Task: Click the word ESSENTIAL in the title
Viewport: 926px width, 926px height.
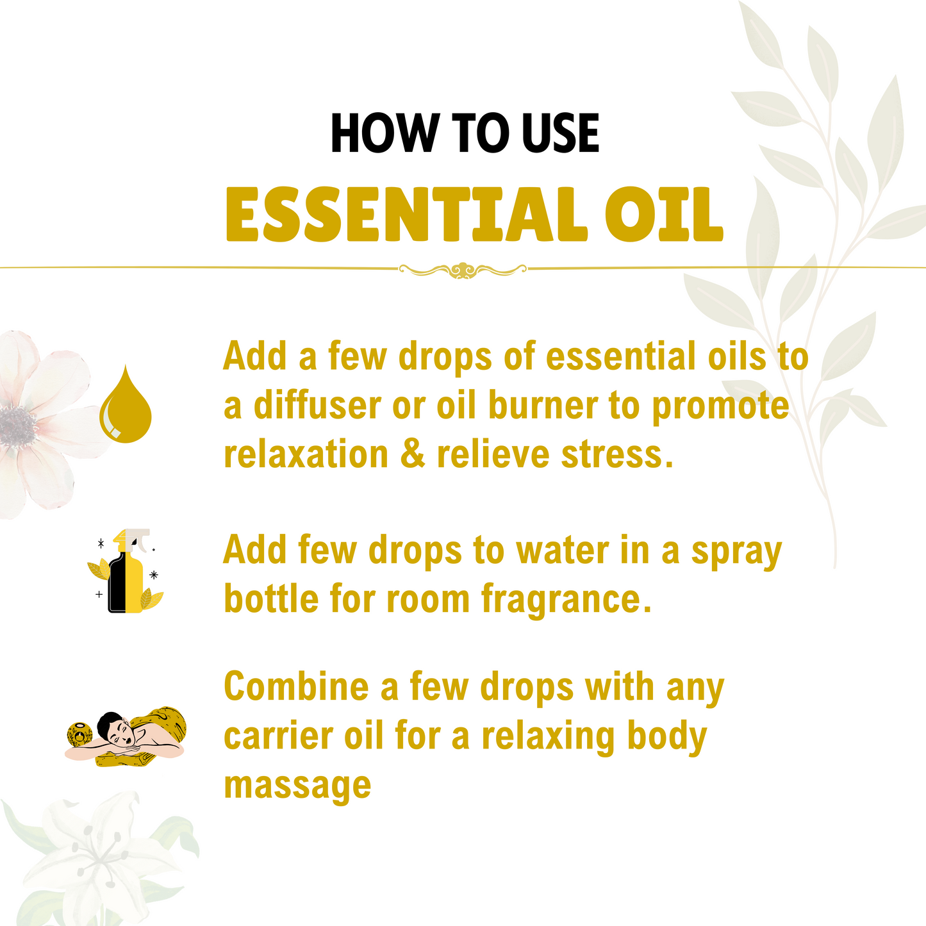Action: pyautogui.click(x=406, y=215)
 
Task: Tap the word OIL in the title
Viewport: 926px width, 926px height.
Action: pyautogui.click(x=664, y=215)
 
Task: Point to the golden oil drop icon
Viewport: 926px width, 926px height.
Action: pyautogui.click(x=126, y=405)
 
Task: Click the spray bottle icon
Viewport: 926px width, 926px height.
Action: pyautogui.click(x=126, y=572)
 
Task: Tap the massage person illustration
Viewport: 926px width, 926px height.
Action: pyautogui.click(x=127, y=737)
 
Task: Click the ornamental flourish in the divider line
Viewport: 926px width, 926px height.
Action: pyautogui.click(x=463, y=270)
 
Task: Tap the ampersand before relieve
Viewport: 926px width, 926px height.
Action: pyautogui.click(x=412, y=455)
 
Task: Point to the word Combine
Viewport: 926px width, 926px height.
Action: pyautogui.click(x=296, y=687)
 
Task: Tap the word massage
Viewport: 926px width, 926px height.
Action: pyautogui.click(x=297, y=786)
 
